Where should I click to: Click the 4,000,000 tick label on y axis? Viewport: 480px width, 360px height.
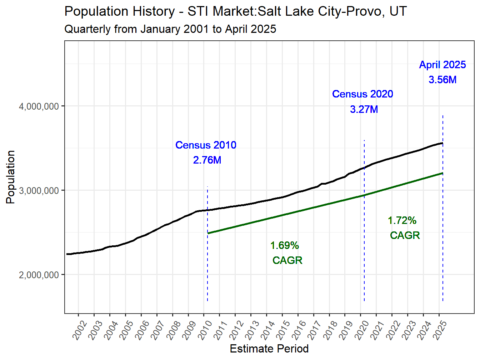coord(39,106)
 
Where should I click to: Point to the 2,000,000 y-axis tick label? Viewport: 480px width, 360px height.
coord(39,275)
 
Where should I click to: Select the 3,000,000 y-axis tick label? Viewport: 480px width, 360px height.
coord(39,191)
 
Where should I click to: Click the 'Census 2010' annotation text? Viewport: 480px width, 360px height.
coord(206,145)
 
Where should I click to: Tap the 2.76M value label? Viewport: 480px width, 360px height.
coord(207,160)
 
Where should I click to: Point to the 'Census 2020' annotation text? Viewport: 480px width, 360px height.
coord(362,94)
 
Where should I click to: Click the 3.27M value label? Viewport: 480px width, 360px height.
coord(364,109)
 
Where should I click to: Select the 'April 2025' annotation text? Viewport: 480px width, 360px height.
coord(442,65)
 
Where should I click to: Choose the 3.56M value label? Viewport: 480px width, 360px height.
coord(442,80)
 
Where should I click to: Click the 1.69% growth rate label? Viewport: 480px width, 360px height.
coord(285,245)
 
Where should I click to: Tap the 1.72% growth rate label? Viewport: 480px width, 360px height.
coord(402,220)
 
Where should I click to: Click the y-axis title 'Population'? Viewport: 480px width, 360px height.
coord(11,177)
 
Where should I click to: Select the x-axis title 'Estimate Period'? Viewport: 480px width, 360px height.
coord(269,349)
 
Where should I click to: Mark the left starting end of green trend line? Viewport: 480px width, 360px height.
coord(208,233)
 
